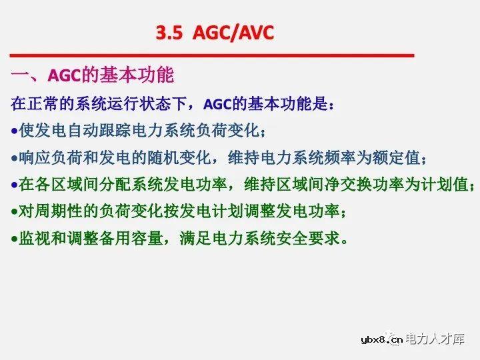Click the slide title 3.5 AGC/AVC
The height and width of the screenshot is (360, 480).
(x=215, y=33)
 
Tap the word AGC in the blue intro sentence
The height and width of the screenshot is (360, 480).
(x=217, y=104)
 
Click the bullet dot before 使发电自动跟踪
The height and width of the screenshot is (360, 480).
(x=14, y=131)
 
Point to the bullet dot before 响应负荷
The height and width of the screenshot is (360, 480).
(x=14, y=158)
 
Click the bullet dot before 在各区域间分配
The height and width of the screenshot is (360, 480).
(x=14, y=185)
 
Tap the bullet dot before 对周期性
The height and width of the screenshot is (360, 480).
(x=14, y=211)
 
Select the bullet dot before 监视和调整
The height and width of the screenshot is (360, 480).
(x=14, y=238)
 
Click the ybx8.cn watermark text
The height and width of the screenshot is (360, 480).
(x=379, y=340)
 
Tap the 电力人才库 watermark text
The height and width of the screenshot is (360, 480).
(x=435, y=339)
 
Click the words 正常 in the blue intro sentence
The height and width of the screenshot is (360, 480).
(x=43, y=104)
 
